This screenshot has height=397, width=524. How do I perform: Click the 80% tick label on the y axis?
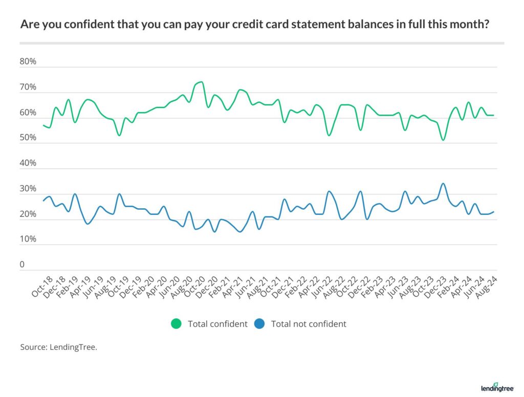(28, 62)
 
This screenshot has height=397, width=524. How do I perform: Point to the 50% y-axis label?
(28, 138)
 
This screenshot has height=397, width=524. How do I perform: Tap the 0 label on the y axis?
(23, 265)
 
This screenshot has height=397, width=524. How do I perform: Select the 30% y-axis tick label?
(28, 189)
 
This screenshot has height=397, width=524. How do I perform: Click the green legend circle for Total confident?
(177, 324)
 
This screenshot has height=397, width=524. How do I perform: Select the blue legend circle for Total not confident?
(259, 324)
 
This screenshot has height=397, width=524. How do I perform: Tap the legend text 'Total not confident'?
(309, 324)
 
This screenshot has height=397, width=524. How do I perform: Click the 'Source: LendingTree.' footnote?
(59, 347)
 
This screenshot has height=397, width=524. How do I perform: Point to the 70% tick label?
(28, 87)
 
